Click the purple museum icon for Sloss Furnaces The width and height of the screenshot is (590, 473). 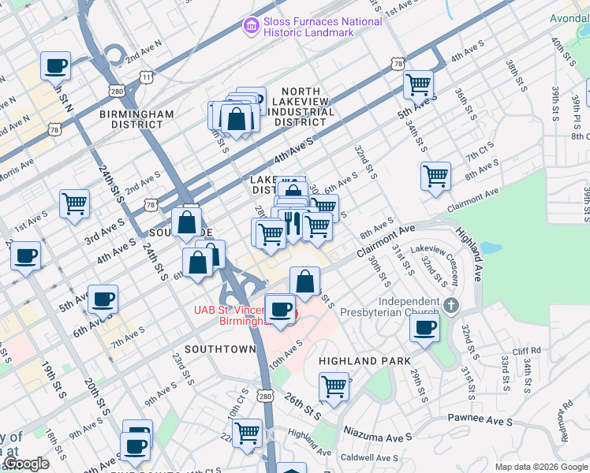(x=251, y=27)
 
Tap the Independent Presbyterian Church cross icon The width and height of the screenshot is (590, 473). (x=450, y=304)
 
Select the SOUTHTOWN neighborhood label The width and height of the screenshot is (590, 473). (x=220, y=348)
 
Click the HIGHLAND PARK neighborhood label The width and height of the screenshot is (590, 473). (x=364, y=361)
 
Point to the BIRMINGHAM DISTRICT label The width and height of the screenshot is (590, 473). (x=136, y=119)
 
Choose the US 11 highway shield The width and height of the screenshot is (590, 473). (x=146, y=76)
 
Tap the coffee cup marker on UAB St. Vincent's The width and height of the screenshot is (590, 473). (x=280, y=308)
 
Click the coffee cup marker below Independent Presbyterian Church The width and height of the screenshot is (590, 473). (x=425, y=327)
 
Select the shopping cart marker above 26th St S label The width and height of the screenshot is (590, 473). (x=334, y=387)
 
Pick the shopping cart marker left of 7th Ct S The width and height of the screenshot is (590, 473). (x=435, y=175)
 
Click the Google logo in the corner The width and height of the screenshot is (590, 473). (x=26, y=464)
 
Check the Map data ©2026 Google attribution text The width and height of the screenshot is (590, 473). (x=541, y=467)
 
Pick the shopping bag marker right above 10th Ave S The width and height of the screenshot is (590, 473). (x=304, y=281)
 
